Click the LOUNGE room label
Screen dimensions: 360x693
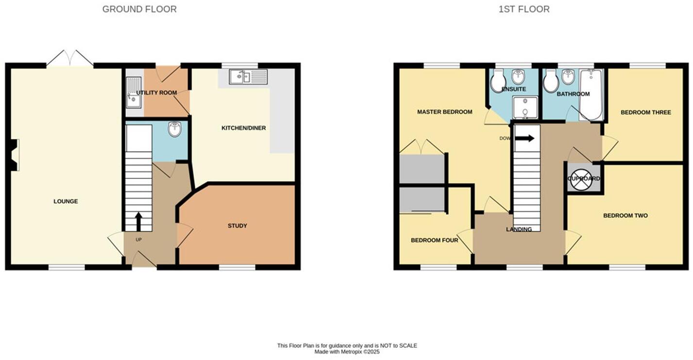[66, 201]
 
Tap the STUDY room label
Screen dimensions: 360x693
[237, 225]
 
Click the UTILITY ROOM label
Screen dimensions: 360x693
[156, 92]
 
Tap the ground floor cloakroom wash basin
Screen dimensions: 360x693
[174, 129]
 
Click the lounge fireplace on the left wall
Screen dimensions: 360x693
[15, 155]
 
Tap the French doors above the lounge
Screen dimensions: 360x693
[70, 58]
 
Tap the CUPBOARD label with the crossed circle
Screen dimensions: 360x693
[584, 178]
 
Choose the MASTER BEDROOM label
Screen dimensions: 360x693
[444, 112]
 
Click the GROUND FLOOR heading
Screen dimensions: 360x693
[139, 9]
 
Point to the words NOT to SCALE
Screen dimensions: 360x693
[402, 345]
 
